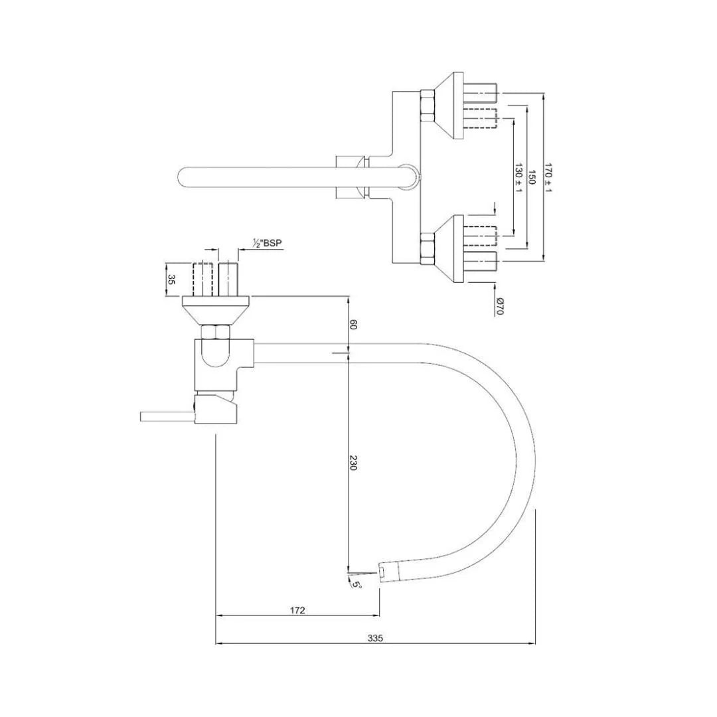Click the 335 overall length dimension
pyautogui.click(x=375, y=638)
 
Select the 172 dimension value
pyautogui.click(x=297, y=610)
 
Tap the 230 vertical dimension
pyautogui.click(x=353, y=463)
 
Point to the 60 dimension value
pyautogui.click(x=353, y=325)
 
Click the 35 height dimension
pyautogui.click(x=171, y=279)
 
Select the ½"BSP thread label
pyautogui.click(x=268, y=244)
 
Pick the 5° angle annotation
pyautogui.click(x=357, y=584)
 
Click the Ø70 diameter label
pyautogui.click(x=500, y=306)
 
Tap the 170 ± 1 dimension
pyautogui.click(x=548, y=177)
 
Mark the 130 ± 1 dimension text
pyautogui.click(x=518, y=177)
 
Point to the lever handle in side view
pyautogui.click(x=166, y=416)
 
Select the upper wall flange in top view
pyautogui.click(x=443, y=106)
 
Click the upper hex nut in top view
pyautogui.click(x=428, y=106)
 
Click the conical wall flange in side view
pyautogui.click(x=216, y=310)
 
